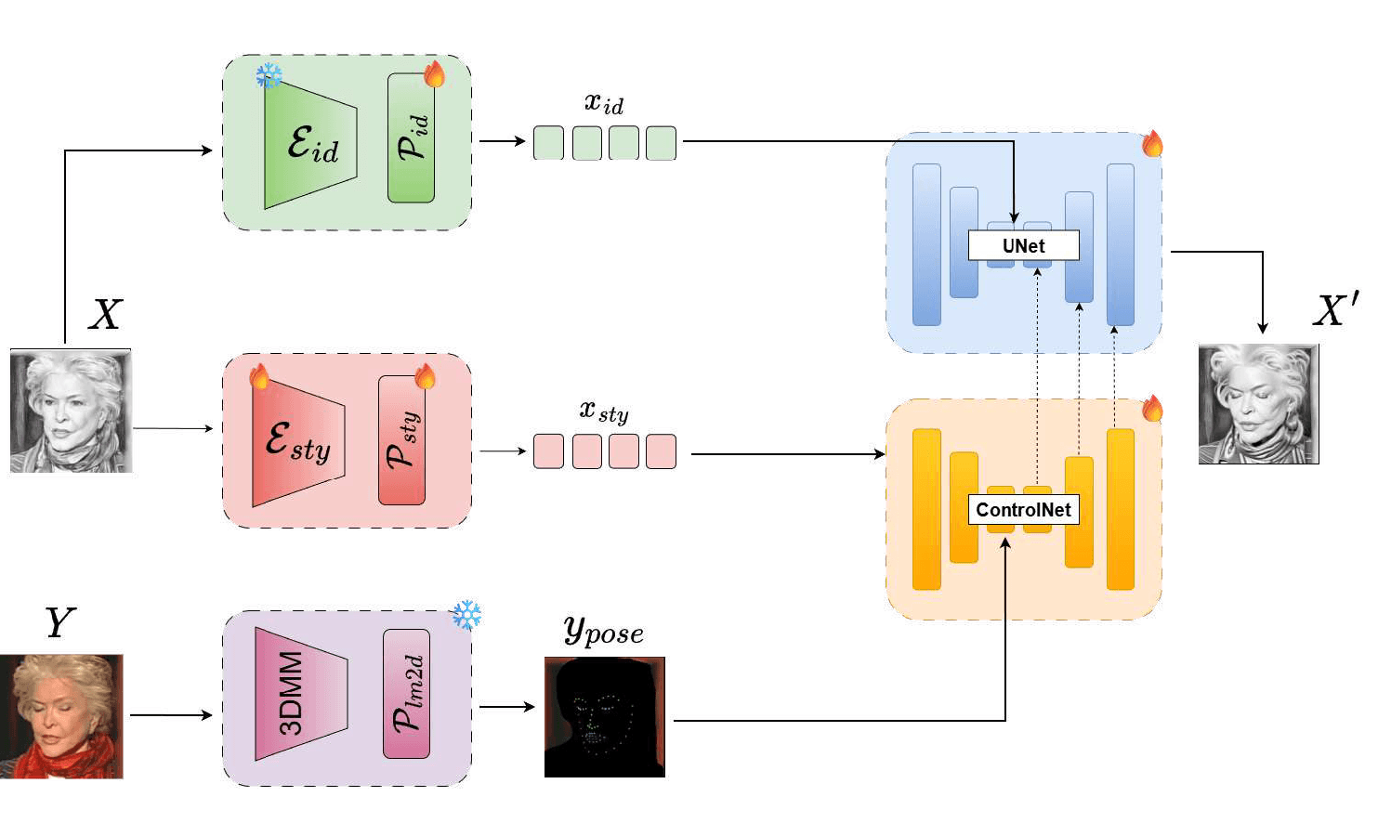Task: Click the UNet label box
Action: coord(1023,245)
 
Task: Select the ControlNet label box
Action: coord(1023,510)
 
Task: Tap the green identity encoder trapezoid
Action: coord(310,146)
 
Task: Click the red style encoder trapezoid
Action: coord(298,442)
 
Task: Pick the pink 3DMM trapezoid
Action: coord(301,693)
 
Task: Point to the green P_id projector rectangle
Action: coord(411,137)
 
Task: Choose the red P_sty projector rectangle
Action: coord(401,440)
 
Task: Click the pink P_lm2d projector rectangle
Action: coord(407,694)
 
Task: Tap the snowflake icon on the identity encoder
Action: coord(269,76)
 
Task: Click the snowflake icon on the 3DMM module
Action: coord(466,614)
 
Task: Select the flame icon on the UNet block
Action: coord(1152,144)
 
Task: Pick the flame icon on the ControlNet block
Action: coord(1152,409)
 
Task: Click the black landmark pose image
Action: coord(605,717)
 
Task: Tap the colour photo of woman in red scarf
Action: coord(61,716)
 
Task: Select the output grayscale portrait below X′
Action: coord(1259,404)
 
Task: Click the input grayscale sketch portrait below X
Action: coord(71,411)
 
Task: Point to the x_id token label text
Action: coord(604,103)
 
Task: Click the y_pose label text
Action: coord(604,632)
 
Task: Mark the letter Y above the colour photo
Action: coord(60,622)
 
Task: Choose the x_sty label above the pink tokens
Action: coord(604,411)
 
